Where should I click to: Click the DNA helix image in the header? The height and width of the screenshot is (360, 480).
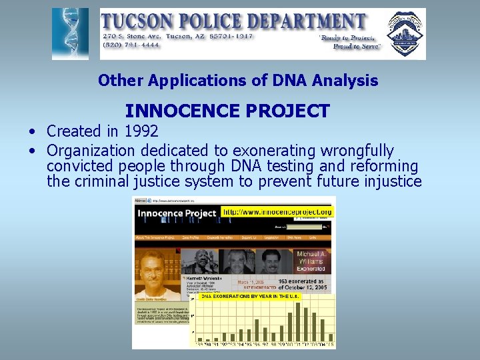click(x=70, y=34)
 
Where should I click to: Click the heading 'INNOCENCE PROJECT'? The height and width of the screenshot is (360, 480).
click(x=227, y=111)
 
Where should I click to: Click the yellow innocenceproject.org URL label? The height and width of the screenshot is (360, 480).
click(x=277, y=212)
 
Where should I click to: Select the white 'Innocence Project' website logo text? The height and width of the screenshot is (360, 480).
click(x=177, y=213)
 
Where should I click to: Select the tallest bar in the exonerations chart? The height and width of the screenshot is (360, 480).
click(x=297, y=321)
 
